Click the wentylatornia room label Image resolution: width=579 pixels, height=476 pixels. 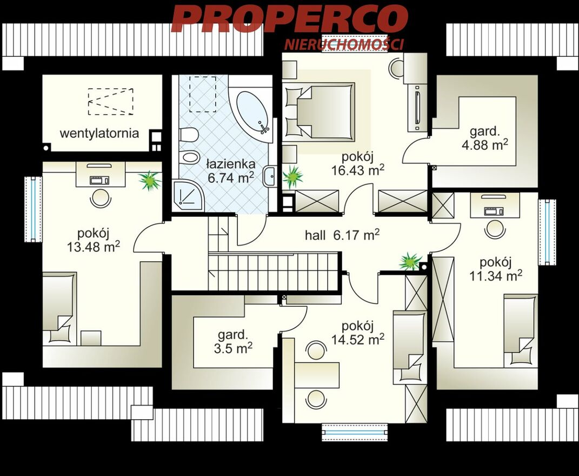(99, 133)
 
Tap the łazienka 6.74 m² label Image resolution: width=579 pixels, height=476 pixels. (231, 171)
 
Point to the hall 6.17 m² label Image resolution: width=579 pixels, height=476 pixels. (342, 235)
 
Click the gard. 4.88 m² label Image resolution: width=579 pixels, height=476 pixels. (484, 138)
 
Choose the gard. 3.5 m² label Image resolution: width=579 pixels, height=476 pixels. (232, 341)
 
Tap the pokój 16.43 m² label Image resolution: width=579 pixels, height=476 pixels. (357, 164)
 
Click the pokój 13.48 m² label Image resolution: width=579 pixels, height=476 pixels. (94, 241)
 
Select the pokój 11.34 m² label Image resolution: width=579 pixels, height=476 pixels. (495, 269)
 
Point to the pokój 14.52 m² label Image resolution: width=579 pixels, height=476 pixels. (357, 333)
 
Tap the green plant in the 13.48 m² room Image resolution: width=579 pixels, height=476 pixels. (150, 181)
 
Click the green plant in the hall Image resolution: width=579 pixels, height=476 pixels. (410, 261)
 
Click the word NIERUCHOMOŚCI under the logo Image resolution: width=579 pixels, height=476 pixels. (344, 44)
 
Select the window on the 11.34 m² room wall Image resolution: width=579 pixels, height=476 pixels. (547, 232)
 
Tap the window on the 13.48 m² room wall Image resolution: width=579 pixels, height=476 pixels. (33, 209)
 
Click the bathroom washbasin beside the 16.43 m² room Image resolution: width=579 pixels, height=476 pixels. (269, 177)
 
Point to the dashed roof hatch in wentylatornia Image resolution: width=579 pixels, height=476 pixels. (110, 101)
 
